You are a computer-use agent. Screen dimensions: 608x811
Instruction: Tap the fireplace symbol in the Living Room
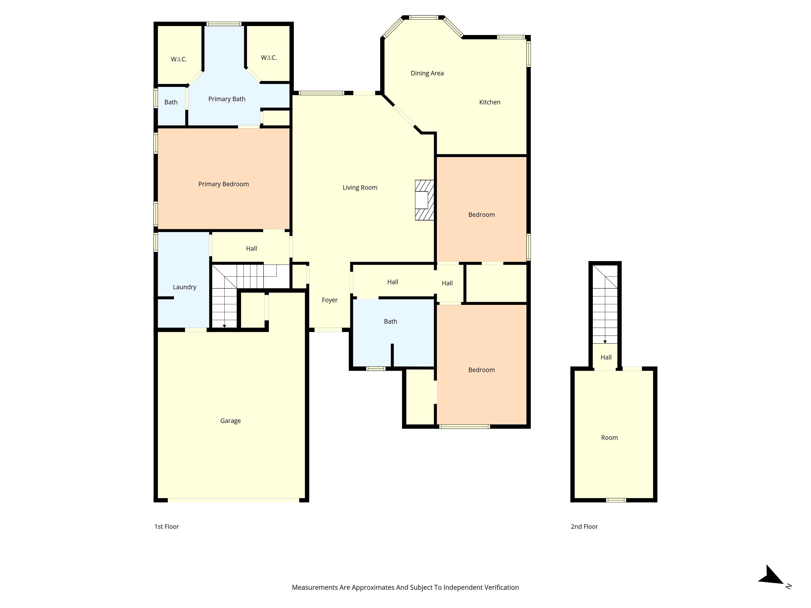point(424,200)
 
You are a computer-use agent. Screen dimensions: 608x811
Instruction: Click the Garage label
point(230,421)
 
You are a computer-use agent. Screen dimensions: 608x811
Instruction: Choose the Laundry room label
point(185,287)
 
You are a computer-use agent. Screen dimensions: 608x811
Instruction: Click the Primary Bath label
point(227,99)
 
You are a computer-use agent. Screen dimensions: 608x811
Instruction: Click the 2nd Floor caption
point(584,527)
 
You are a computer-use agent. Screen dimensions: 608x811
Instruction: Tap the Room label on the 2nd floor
point(609,438)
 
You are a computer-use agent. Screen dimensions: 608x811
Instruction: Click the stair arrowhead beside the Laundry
point(224,326)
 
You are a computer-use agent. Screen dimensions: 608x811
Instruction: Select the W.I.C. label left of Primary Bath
point(179,59)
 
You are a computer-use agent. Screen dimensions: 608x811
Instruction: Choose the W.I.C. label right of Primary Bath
point(269,58)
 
